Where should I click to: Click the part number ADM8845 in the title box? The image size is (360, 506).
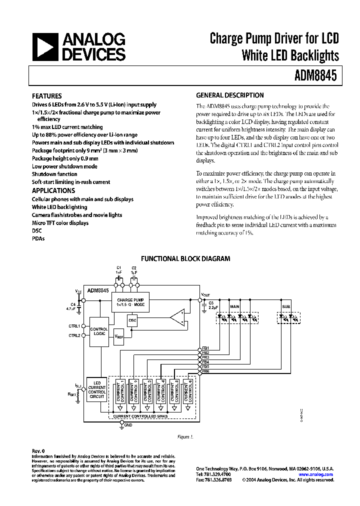pyautogui.click(x=317, y=76)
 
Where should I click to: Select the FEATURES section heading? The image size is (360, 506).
pyautogui.click(x=47, y=95)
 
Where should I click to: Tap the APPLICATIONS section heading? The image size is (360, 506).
pyautogui.click(x=53, y=190)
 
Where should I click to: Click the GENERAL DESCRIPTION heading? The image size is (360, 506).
pyautogui.click(x=229, y=95)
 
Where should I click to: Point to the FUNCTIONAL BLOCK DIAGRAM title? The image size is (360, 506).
pyautogui.click(x=185, y=258)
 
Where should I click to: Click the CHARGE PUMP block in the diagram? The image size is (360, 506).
pyautogui.click(x=131, y=301)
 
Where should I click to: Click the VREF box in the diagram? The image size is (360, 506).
pyautogui.click(x=119, y=337)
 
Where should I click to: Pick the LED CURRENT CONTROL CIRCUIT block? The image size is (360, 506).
pyautogui.click(x=96, y=390)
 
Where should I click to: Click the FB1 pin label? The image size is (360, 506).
pyautogui.click(x=205, y=347)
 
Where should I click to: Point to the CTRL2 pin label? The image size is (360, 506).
pyautogui.click(x=74, y=335)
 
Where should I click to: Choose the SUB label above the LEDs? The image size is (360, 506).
pyautogui.click(x=286, y=306)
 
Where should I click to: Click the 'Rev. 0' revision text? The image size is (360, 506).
pyautogui.click(x=39, y=450)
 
